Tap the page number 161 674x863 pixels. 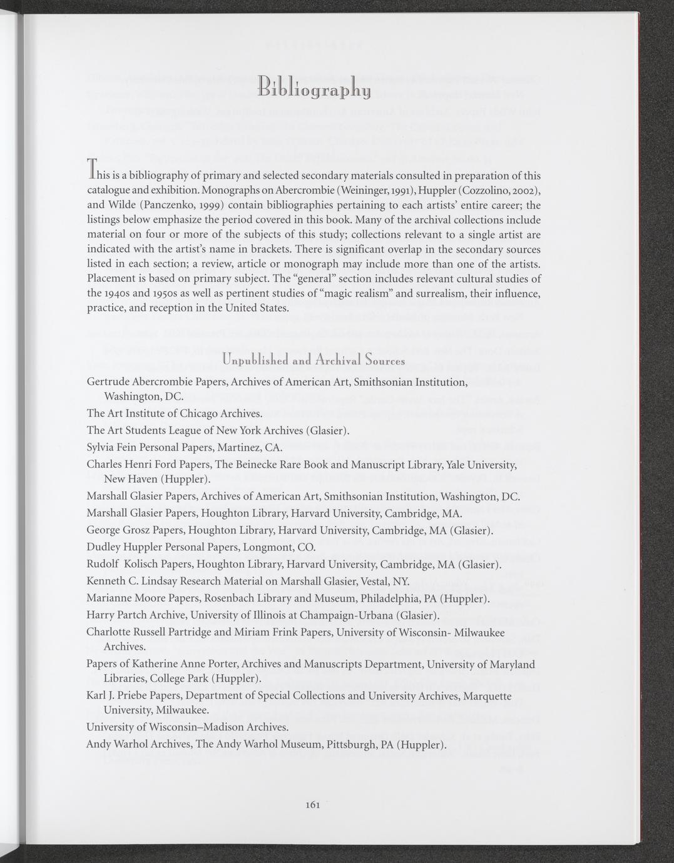[313, 805]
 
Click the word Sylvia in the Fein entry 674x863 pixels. [101, 447]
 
